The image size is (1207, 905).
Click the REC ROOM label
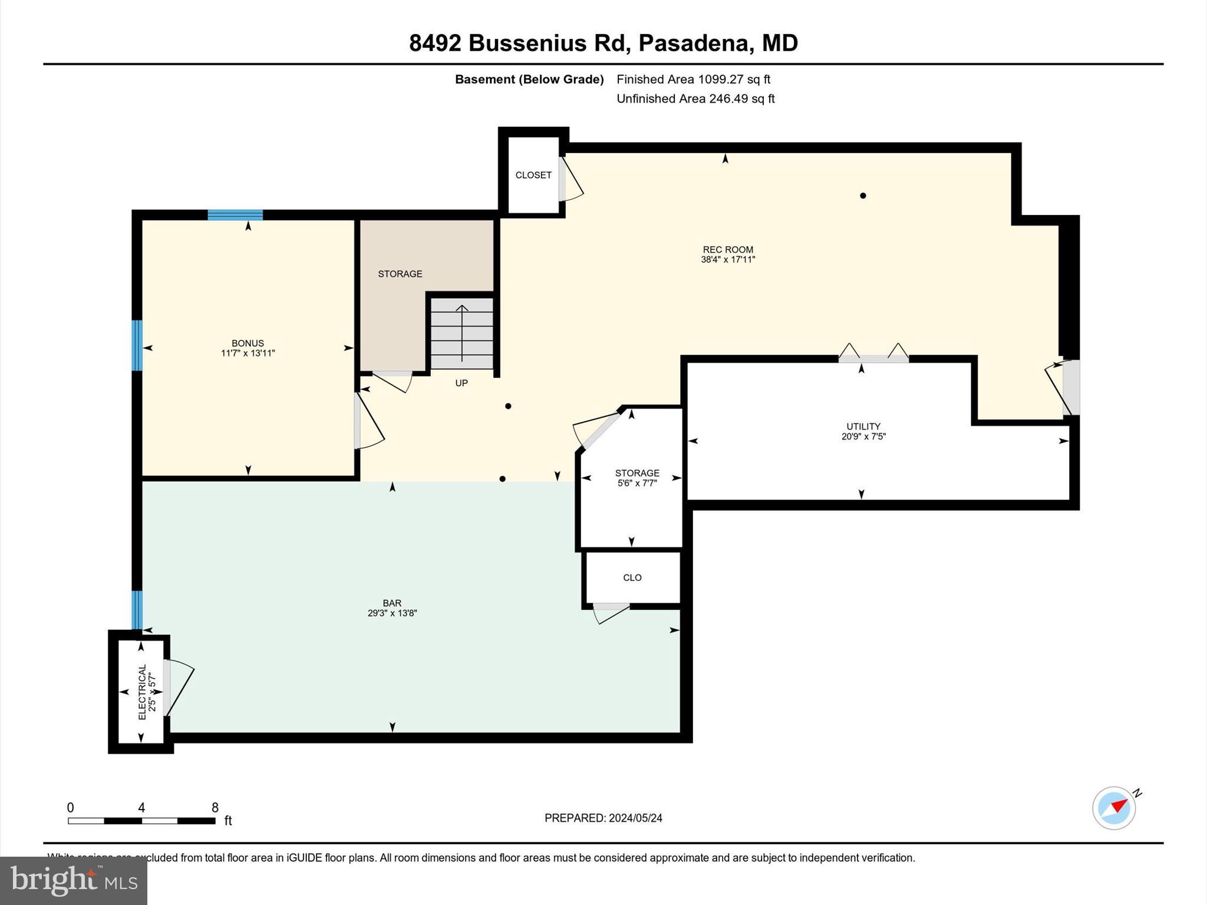(728, 249)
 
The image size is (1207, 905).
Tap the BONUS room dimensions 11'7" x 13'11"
(248, 354)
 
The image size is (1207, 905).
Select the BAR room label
(392, 603)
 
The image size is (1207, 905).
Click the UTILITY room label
(863, 426)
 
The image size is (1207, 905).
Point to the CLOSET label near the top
(533, 175)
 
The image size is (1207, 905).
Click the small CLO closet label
(632, 577)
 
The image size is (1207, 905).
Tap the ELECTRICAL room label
(142, 692)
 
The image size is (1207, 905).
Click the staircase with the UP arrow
(461, 333)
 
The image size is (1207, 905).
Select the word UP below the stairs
(461, 383)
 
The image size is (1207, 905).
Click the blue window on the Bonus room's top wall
(235, 214)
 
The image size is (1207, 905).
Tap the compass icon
(1114, 808)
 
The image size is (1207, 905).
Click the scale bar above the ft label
(141, 821)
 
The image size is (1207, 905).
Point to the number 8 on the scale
(215, 807)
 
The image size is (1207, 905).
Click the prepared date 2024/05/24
(635, 818)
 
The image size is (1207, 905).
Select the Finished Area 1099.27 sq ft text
(693, 79)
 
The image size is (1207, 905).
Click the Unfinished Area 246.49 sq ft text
(695, 98)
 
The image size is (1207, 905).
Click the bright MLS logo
(74, 880)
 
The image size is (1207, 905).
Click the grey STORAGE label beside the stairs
(400, 273)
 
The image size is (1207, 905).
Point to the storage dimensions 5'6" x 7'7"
(637, 483)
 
